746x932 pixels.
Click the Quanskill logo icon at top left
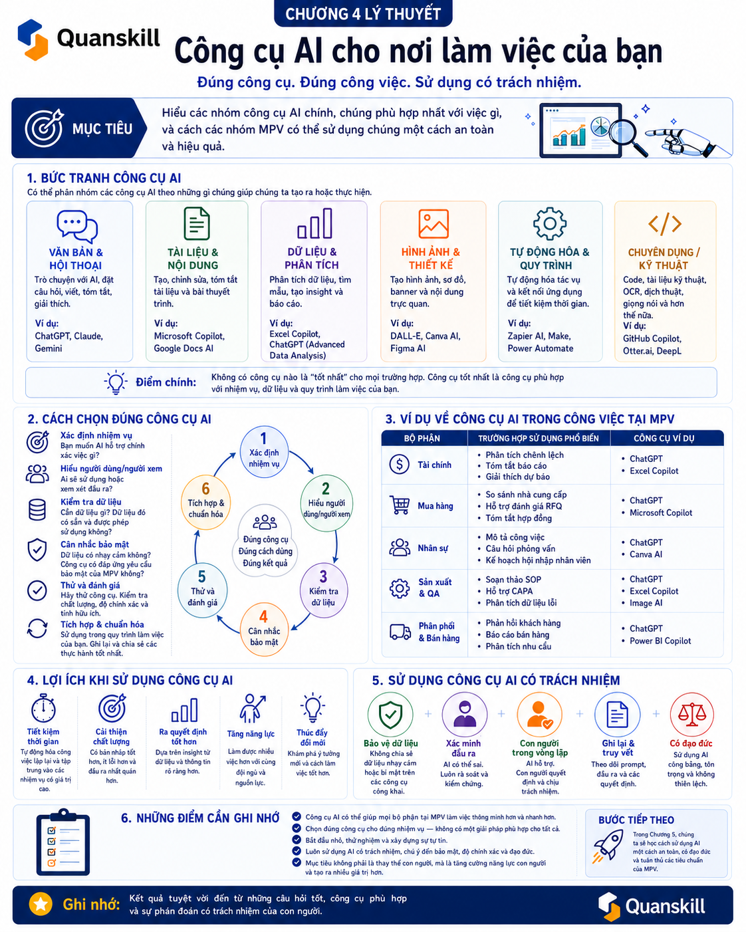pyautogui.click(x=33, y=39)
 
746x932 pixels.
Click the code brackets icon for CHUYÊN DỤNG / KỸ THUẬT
pyautogui.click(x=665, y=224)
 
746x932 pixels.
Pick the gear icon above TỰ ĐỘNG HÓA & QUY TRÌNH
pyautogui.click(x=549, y=223)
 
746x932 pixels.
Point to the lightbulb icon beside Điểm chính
pyautogui.click(x=116, y=382)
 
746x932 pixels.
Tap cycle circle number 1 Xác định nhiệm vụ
pyautogui.click(x=264, y=451)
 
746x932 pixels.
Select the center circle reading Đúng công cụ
pyautogui.click(x=265, y=540)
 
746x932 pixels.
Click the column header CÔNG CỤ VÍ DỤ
pyautogui.click(x=664, y=438)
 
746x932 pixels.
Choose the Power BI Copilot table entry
pyautogui.click(x=660, y=641)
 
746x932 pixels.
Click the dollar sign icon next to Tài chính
pyautogui.click(x=399, y=464)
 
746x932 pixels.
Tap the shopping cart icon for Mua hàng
pyautogui.click(x=400, y=505)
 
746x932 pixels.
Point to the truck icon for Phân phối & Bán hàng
pyautogui.click(x=400, y=632)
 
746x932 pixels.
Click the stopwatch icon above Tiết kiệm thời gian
pyautogui.click(x=43, y=709)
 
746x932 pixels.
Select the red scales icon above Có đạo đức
pyautogui.click(x=691, y=714)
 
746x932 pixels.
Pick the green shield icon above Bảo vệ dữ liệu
pyautogui.click(x=390, y=715)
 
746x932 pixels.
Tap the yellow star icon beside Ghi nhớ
pyautogui.click(x=41, y=903)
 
